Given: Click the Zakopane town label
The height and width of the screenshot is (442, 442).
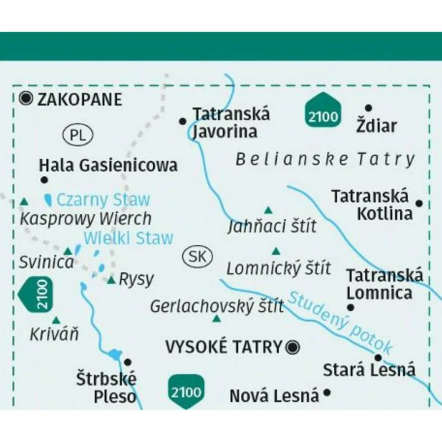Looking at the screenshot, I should [x=80, y=99].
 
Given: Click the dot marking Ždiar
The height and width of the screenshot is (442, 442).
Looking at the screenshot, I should [x=368, y=108].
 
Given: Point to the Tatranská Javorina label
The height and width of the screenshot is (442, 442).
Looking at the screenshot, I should [x=231, y=123].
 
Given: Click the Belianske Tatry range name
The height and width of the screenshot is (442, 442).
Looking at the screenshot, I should [x=325, y=159].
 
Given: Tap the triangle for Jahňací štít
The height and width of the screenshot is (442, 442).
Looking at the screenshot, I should [x=268, y=210].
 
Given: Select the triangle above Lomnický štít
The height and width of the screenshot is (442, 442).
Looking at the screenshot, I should [x=276, y=251].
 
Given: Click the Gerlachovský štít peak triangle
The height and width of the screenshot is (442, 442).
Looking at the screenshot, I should [x=217, y=319].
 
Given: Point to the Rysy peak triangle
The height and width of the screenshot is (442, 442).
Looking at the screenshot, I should [x=111, y=281].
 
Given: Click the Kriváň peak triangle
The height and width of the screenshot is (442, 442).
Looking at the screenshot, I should [x=56, y=320].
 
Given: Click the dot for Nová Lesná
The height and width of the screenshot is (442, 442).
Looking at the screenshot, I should [x=327, y=393].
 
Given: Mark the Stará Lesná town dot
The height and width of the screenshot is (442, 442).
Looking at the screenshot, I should [x=378, y=358].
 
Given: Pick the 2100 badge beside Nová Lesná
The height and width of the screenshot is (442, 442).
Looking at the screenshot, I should [x=186, y=392].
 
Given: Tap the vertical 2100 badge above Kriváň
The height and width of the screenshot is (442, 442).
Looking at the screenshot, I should [x=38, y=294].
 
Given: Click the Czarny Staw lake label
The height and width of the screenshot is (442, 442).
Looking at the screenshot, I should [x=103, y=199].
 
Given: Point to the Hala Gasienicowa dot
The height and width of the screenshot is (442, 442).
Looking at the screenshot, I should [x=44, y=180].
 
